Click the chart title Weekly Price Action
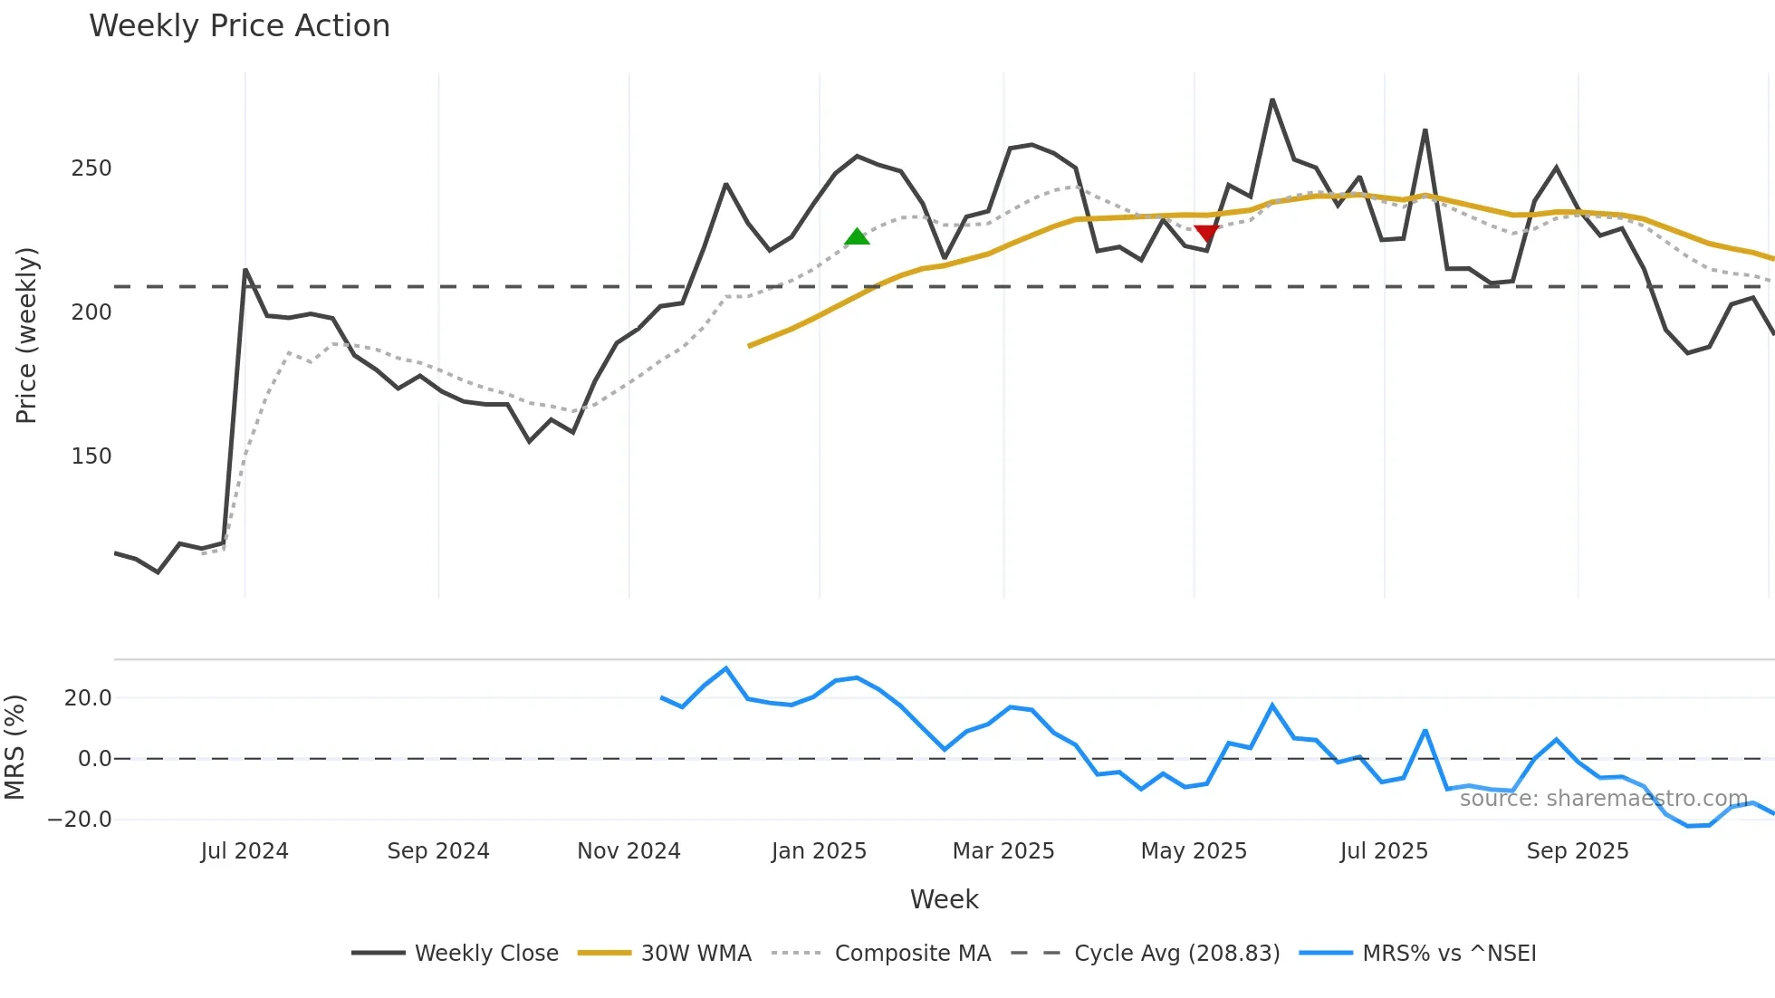pyautogui.click(x=239, y=26)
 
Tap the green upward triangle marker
pyautogui.click(x=857, y=237)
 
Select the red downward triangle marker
pyautogui.click(x=1206, y=234)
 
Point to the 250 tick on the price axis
pyautogui.click(x=91, y=168)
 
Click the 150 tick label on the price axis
pyautogui.click(x=91, y=456)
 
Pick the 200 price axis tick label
pyautogui.click(x=91, y=312)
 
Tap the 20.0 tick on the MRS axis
pyautogui.click(x=88, y=698)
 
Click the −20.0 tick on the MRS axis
pyautogui.click(x=80, y=820)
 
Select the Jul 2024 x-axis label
pyautogui.click(x=245, y=851)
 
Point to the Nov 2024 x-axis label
pyautogui.click(x=628, y=851)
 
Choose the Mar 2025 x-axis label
pyautogui.click(x=1003, y=851)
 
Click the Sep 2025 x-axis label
pyautogui.click(x=1578, y=851)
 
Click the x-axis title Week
pyautogui.click(x=944, y=899)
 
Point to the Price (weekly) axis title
pyautogui.click(x=26, y=335)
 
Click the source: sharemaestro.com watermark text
pyautogui.click(x=1603, y=799)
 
